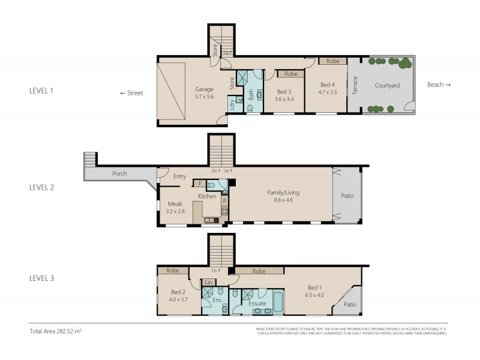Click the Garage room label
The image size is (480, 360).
point(204,88)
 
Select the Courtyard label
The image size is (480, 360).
point(387,85)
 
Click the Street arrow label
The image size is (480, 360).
point(131,93)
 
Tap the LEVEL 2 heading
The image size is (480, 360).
point(41,187)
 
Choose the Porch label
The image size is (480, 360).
point(119,175)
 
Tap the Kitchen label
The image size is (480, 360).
point(207,197)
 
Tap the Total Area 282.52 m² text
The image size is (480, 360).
point(56,331)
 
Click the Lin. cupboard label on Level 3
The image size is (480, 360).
point(208,282)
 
